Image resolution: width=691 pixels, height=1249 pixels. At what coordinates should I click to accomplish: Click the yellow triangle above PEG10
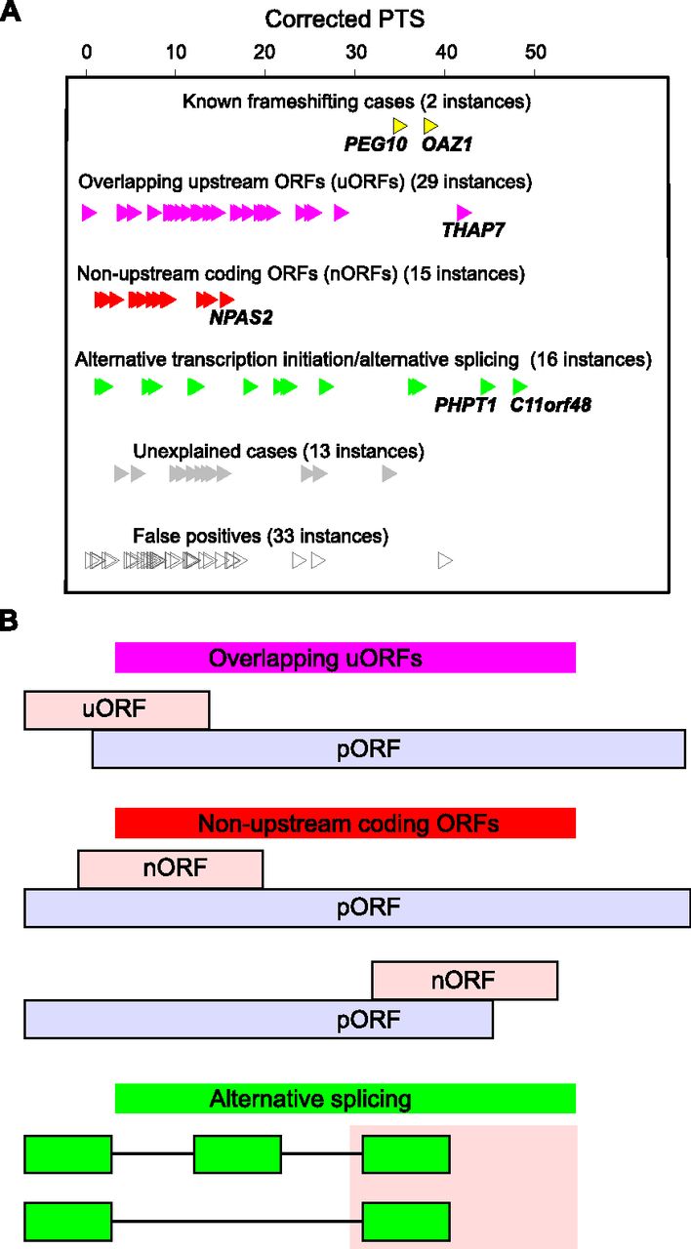[x=399, y=126]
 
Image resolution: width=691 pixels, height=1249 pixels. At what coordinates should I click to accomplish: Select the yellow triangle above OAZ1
[x=430, y=126]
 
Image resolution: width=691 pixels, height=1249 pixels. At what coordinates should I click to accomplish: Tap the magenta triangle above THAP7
[x=464, y=213]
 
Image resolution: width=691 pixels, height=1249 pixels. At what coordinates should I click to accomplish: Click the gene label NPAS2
[x=240, y=316]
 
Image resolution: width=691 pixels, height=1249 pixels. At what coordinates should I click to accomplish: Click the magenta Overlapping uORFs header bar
[x=345, y=659]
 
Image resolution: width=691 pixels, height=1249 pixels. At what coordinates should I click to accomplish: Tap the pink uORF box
[x=116, y=709]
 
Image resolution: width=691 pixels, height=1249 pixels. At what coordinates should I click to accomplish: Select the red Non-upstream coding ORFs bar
[x=345, y=824]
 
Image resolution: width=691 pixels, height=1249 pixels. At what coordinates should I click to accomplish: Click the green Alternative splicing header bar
[x=345, y=1099]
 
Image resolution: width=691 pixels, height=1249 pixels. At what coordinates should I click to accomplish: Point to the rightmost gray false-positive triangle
[x=445, y=560]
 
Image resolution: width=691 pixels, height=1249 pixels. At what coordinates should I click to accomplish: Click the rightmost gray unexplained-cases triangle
[x=389, y=474]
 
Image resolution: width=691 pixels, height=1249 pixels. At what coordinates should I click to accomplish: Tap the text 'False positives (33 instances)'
[x=261, y=536]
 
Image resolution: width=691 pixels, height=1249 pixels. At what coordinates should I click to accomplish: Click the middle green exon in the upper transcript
[x=238, y=1154]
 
